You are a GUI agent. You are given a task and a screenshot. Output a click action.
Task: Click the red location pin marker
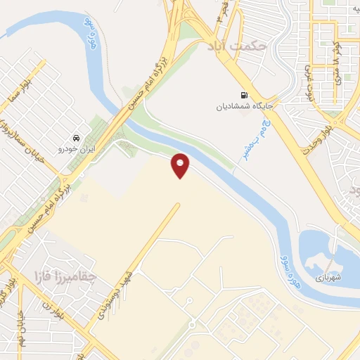click(x=181, y=165)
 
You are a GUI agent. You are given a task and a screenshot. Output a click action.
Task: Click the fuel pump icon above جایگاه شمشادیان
click(x=243, y=95)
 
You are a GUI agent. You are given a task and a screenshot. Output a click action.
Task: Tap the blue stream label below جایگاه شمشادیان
click(x=257, y=137)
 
